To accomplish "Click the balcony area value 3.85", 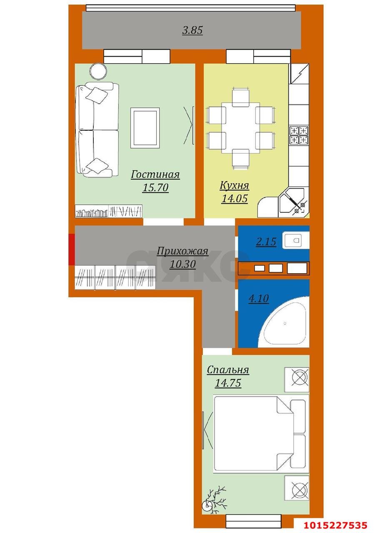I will pyautogui.click(x=192, y=30).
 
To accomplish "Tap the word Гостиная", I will pyautogui.click(x=155, y=174).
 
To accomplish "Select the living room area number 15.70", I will pyautogui.click(x=155, y=188).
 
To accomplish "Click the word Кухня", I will pyautogui.click(x=234, y=185).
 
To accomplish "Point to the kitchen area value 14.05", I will pyautogui.click(x=235, y=199).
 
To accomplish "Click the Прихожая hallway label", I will pyautogui.click(x=182, y=251).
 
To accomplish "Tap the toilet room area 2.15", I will pyautogui.click(x=266, y=242).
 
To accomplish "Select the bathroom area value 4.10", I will pyautogui.click(x=259, y=299).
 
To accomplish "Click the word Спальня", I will pyautogui.click(x=228, y=370).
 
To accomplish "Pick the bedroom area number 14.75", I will pyautogui.click(x=228, y=383).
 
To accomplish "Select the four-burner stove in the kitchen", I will pyautogui.click(x=299, y=135).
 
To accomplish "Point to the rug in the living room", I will pyautogui.click(x=145, y=127).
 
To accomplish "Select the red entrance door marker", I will pyautogui.click(x=71, y=249).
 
